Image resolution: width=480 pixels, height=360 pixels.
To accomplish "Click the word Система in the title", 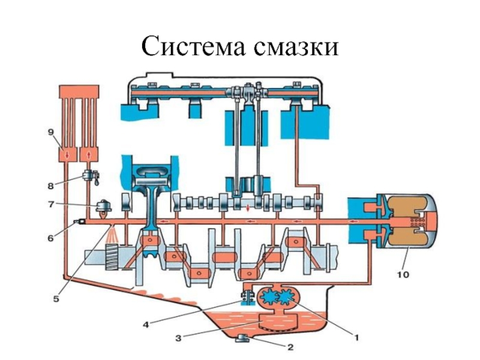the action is (193, 46).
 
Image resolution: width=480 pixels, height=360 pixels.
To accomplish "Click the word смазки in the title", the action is (296, 47).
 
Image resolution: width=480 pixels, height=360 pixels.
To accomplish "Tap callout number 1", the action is (356, 337).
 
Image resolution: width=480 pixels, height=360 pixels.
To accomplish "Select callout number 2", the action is (290, 347).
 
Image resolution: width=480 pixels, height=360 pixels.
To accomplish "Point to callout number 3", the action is (179, 338).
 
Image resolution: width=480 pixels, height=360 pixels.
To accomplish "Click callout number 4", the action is (146, 325).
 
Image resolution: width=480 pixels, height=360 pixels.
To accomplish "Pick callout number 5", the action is (56, 298).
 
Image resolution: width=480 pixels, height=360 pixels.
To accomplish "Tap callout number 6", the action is (50, 238).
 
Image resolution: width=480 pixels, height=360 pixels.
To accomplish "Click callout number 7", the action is (51, 204).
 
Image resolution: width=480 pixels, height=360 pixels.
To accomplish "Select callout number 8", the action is (51, 185).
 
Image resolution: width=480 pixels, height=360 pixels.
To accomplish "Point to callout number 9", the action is (51, 132).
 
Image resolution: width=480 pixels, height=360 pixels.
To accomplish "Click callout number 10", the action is (403, 275).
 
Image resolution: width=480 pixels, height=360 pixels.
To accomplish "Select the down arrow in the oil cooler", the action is (67, 155).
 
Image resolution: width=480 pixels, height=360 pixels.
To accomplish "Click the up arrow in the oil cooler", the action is (89, 155).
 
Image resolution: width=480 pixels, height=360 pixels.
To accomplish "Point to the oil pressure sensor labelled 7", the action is (103, 207).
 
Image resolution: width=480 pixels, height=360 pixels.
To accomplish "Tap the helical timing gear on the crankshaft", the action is (114, 257).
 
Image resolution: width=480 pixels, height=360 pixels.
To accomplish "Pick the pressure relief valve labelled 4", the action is (248, 298).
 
